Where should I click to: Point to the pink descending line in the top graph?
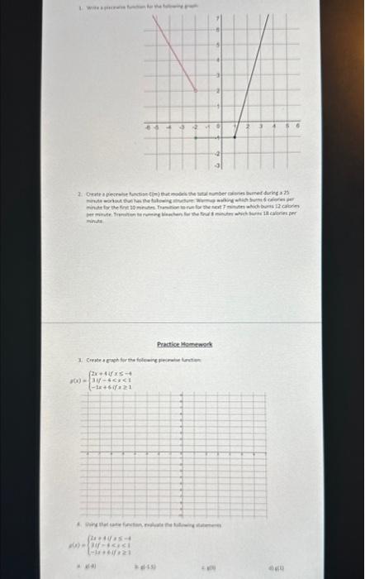[x=174, y=58]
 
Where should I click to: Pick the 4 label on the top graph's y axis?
[x=217, y=60]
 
